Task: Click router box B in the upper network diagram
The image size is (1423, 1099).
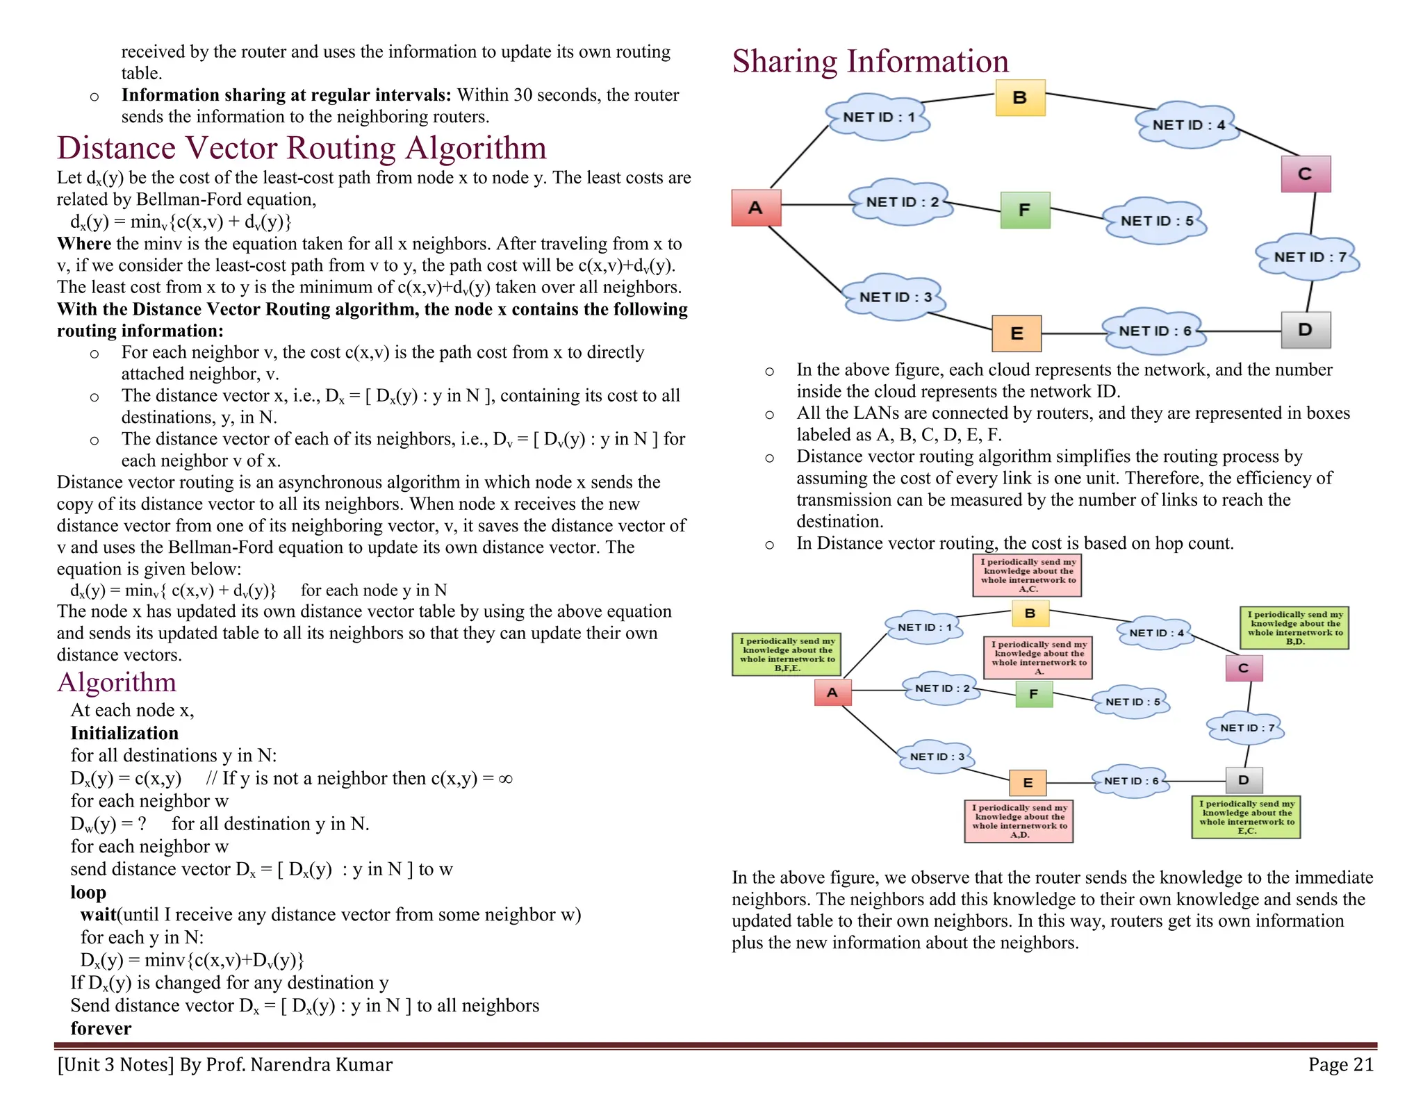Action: (x=1019, y=97)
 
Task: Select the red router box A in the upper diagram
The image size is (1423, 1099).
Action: (x=756, y=207)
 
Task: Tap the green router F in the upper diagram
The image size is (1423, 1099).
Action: (x=1025, y=210)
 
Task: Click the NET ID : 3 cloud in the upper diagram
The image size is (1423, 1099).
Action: (x=895, y=297)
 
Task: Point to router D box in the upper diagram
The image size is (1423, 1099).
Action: (x=1306, y=330)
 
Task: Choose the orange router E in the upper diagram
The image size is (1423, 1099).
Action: (x=1017, y=333)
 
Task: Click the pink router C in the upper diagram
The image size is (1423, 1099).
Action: (x=1306, y=174)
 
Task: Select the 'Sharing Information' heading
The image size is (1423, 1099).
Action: (x=870, y=61)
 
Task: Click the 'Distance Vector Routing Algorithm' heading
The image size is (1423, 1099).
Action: (x=302, y=148)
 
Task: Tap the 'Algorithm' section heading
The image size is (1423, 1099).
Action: (x=117, y=682)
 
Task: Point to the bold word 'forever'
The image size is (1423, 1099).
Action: (x=101, y=1028)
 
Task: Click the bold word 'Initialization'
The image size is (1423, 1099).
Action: (x=124, y=733)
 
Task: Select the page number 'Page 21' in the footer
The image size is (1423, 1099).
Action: (x=1340, y=1064)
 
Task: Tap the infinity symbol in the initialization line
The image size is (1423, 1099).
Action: (x=506, y=779)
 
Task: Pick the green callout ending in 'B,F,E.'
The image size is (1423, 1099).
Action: (x=787, y=654)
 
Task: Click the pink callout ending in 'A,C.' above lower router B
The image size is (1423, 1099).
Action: (x=1027, y=575)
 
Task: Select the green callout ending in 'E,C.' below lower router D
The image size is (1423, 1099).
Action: (x=1246, y=817)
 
